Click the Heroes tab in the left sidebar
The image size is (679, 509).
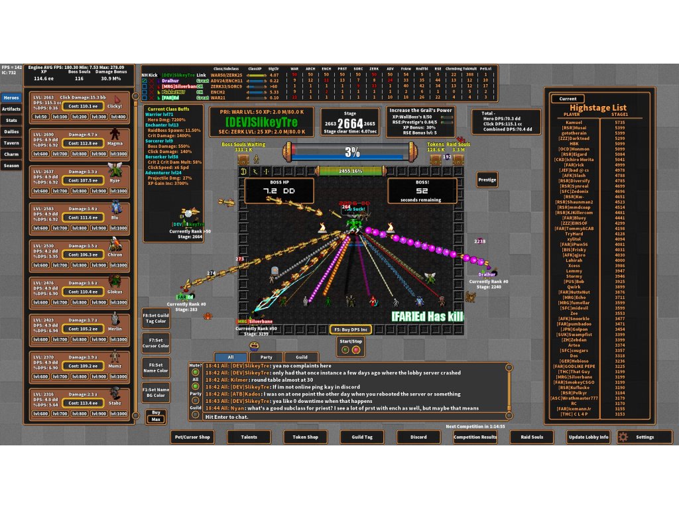pos(11,97)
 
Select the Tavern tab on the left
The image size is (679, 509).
pos(11,142)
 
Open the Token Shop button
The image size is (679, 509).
pos(306,437)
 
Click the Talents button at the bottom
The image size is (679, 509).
pos(249,437)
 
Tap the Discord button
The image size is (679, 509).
pos(418,437)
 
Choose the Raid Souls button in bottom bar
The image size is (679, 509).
pos(532,437)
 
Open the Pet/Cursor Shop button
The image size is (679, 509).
pos(192,437)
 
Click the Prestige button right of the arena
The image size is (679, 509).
pos(487,180)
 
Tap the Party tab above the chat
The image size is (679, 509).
pos(266,357)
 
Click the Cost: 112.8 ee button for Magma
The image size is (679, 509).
pos(83,142)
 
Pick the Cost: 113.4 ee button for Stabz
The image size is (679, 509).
pos(83,402)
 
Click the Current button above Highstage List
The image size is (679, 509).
pos(568,99)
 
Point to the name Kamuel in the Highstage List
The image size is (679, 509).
pos(574,122)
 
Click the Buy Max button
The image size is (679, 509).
pos(155,416)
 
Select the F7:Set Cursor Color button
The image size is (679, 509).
pos(156,343)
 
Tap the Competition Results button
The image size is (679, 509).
pos(475,437)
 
